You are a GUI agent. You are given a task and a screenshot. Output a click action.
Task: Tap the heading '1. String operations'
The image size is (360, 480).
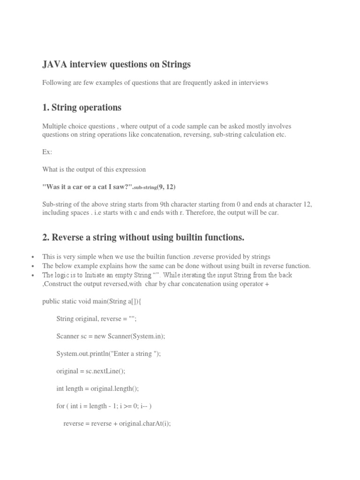(82, 108)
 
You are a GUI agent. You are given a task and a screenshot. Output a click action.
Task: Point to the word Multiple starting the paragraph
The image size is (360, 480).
(55, 127)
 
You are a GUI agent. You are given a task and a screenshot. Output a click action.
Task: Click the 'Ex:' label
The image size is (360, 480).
(47, 152)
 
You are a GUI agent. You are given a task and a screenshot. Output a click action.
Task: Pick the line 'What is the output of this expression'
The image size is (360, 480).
(94, 169)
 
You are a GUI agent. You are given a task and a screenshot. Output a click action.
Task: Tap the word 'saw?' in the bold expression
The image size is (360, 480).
(122, 187)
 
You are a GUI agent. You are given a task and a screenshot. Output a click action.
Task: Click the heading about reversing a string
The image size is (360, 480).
(143, 238)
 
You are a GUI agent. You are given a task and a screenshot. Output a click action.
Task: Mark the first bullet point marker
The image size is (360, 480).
(32, 257)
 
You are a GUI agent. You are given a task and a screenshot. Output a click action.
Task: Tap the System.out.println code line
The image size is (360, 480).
(108, 353)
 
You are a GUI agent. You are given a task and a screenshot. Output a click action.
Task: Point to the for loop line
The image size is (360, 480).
(104, 405)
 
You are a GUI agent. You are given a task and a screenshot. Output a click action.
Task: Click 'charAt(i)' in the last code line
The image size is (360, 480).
(157, 423)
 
